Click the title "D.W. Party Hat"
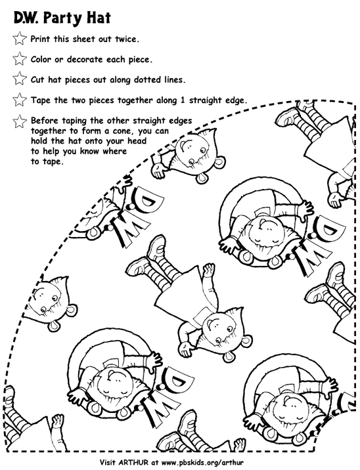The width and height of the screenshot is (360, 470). pos(62,18)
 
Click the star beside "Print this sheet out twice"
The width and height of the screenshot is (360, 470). pos(20,38)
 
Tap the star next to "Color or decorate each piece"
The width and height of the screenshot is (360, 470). pos(20,59)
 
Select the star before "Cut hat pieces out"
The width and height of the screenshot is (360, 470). pos(20,79)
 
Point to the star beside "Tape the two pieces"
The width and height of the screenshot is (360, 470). pos(20,100)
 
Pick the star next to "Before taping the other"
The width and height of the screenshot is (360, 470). pos(20,121)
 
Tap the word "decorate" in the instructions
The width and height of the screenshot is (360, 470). pos(85,59)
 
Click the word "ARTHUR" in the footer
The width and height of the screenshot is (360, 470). pos(133,462)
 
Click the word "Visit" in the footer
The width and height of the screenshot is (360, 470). pos(107,462)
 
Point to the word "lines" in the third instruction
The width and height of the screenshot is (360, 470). pos(175,79)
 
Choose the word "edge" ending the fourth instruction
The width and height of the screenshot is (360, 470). pos(236,101)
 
